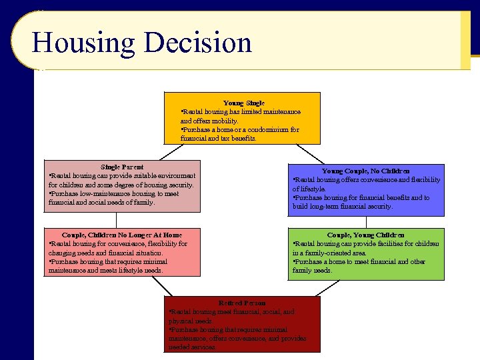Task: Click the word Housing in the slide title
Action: click(x=83, y=43)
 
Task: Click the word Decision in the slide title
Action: click(x=197, y=43)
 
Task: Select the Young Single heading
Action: click(x=243, y=103)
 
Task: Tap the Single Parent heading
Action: click(x=122, y=167)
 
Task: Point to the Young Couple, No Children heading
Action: click(x=365, y=171)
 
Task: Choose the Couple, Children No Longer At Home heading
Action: click(x=121, y=235)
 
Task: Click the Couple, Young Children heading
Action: click(x=365, y=235)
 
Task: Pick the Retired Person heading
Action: click(x=242, y=303)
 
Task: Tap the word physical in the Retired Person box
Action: click(x=181, y=320)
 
